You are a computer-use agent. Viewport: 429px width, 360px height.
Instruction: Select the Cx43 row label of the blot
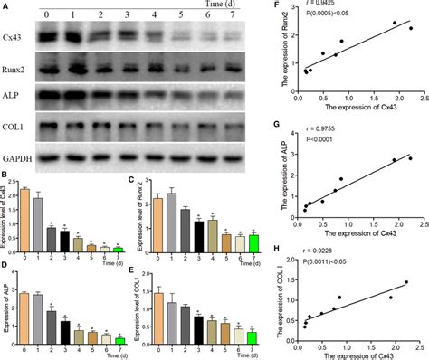(x=17, y=39)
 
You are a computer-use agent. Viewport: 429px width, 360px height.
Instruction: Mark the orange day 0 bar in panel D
(x=27, y=317)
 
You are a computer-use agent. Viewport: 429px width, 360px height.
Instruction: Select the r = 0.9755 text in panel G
(x=330, y=129)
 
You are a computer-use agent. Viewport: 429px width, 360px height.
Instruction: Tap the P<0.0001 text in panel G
(x=331, y=140)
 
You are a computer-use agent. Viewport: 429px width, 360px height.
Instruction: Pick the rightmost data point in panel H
(x=406, y=282)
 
